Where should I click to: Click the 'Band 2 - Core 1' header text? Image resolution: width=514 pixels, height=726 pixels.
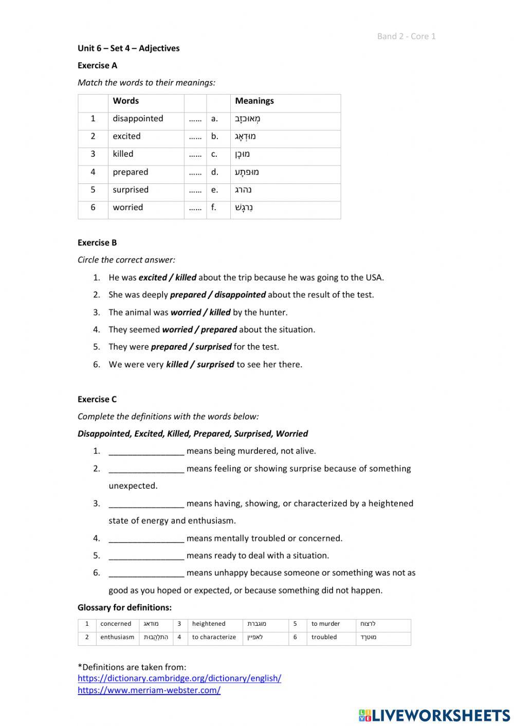click(406, 36)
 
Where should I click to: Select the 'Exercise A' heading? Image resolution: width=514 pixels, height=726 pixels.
click(97, 65)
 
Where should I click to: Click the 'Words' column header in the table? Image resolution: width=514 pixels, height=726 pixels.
click(126, 101)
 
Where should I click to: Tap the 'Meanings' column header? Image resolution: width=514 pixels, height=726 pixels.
click(254, 101)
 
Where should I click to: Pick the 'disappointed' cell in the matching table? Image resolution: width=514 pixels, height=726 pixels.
click(138, 119)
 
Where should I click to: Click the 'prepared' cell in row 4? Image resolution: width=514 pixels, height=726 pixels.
click(131, 172)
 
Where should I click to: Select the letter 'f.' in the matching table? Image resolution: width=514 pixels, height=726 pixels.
click(214, 208)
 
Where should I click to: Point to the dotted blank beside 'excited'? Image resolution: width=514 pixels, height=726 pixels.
click(195, 137)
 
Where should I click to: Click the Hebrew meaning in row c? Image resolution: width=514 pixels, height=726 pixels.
click(243, 154)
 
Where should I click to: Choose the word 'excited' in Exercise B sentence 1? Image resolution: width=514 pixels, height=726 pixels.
click(153, 277)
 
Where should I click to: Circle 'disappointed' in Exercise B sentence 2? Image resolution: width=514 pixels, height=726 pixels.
click(240, 295)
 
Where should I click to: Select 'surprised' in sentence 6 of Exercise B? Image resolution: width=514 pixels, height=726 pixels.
click(215, 365)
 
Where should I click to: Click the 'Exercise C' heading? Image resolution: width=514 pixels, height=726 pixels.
click(97, 399)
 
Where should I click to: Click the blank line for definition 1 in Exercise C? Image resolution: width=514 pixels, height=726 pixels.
click(146, 452)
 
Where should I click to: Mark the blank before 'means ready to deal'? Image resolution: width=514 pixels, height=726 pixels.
click(146, 556)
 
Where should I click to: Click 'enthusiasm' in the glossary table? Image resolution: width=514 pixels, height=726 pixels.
click(117, 637)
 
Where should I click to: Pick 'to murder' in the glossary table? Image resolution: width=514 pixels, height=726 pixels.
click(325, 624)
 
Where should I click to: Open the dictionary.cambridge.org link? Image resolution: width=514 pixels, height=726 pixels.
click(179, 678)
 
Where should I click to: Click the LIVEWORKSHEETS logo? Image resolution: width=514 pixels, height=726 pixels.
click(434, 715)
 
